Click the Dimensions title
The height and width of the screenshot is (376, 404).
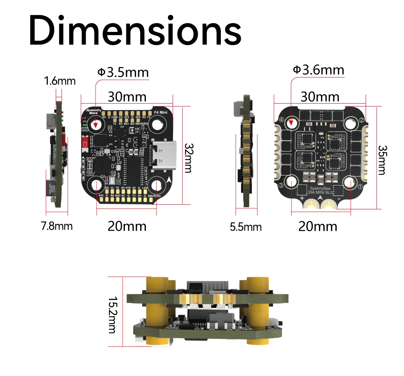pyautogui.click(x=135, y=30)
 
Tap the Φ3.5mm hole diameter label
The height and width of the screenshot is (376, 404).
pyautogui.click(x=123, y=72)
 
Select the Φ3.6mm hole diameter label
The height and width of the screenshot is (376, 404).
pyautogui.click(x=318, y=70)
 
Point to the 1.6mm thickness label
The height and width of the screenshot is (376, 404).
pyautogui.click(x=60, y=81)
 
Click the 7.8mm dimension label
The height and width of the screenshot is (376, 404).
pyautogui.click(x=57, y=226)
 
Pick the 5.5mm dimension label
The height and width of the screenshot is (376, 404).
pyautogui.click(x=246, y=227)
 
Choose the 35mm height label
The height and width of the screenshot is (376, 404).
pyautogui.click(x=382, y=160)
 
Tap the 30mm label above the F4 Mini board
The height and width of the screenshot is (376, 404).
pyautogui.click(x=127, y=97)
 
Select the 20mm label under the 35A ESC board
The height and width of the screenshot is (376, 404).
pyautogui.click(x=317, y=226)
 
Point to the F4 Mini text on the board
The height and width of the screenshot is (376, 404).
pyautogui.click(x=161, y=113)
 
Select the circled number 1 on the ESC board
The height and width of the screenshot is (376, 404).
pyautogui.click(x=360, y=187)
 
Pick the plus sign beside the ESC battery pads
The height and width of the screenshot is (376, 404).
pyautogui.click(x=302, y=199)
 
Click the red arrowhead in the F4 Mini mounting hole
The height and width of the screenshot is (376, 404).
pyautogui.click(x=96, y=125)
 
